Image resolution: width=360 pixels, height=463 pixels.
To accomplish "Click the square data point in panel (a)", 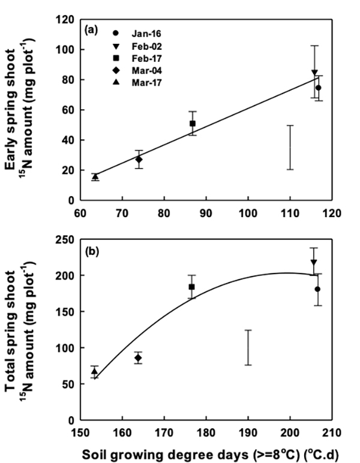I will click(x=193, y=124).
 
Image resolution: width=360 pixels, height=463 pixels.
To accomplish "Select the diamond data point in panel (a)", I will click(x=139, y=160).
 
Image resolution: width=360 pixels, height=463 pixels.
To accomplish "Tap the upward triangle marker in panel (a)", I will click(x=95, y=176).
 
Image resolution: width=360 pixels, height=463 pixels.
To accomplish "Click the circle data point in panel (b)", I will click(x=317, y=289).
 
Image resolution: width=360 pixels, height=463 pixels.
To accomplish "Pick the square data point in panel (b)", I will click(x=192, y=287).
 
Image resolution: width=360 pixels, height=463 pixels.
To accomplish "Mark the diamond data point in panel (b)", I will click(x=138, y=358).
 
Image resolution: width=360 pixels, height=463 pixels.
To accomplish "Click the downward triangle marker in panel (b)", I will click(x=313, y=262).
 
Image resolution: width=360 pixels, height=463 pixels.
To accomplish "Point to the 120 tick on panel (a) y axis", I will click(x=74, y=20).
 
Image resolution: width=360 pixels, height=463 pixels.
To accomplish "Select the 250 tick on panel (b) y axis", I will click(x=74, y=239).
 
